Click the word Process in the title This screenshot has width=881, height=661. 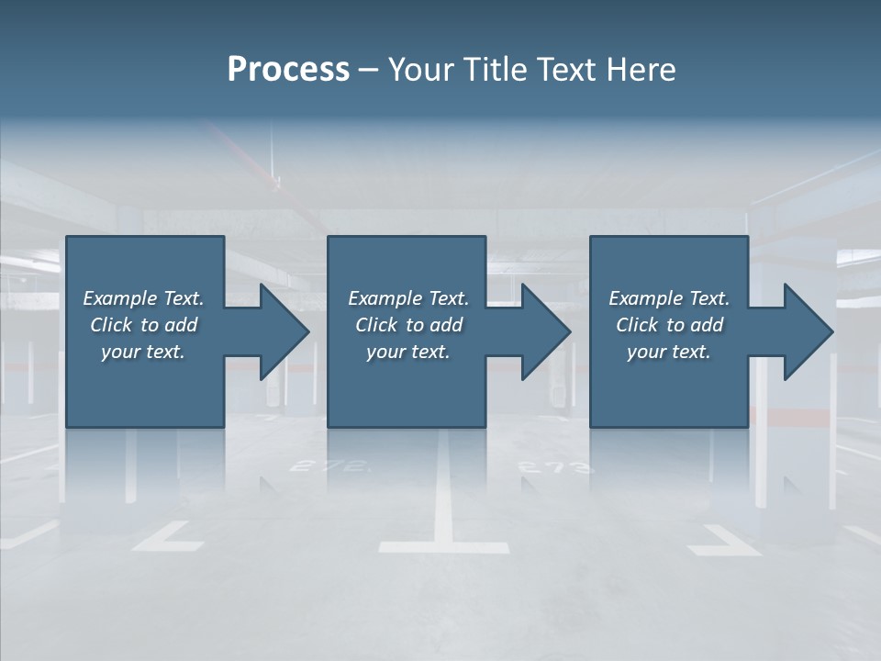point(288,70)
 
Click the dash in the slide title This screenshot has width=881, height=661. point(368,70)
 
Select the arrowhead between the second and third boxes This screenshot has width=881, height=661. point(544,331)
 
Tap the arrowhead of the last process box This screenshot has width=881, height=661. point(807,331)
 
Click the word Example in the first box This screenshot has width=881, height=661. point(119,298)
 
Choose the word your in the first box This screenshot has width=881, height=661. point(119,352)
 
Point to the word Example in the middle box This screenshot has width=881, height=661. point(385,298)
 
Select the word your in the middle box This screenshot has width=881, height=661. point(385,352)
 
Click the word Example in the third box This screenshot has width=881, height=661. point(645,298)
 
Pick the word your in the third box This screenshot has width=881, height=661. point(645,352)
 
